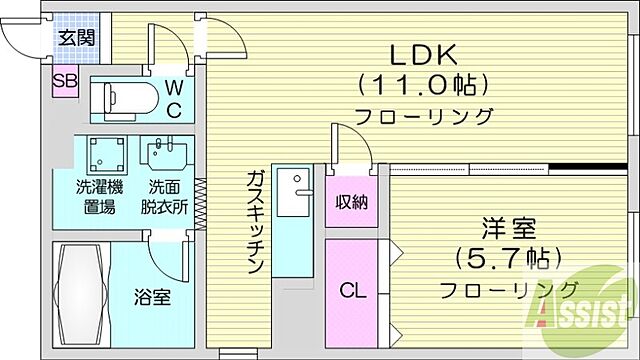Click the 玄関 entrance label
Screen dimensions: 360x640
click(75, 39)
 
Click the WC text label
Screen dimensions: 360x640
click(173, 98)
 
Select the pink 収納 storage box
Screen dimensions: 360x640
click(351, 201)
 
